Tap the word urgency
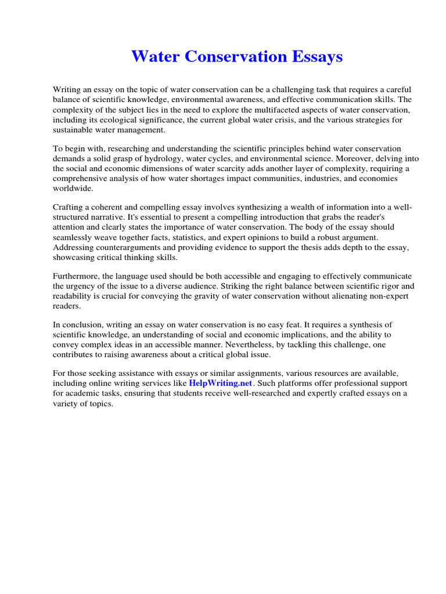[x=82, y=286]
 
